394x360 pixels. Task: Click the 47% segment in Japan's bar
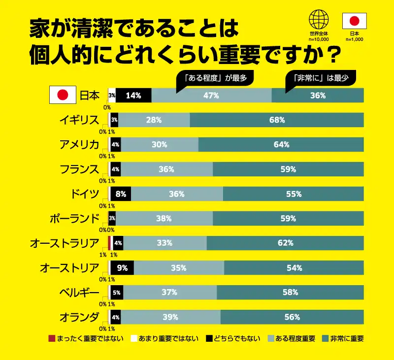point(211,96)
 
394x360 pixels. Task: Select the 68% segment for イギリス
point(277,120)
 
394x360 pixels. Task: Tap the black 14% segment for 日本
point(133,96)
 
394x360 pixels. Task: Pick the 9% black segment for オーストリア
point(122,268)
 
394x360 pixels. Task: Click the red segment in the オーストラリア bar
point(109,243)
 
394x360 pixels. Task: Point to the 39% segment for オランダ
point(170,317)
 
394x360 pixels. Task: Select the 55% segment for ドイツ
point(294,194)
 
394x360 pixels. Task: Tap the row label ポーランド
point(75,218)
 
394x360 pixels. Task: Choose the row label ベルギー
point(79,293)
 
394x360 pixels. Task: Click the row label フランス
point(79,169)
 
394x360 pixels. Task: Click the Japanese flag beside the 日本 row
point(63,96)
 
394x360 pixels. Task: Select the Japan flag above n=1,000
point(354,21)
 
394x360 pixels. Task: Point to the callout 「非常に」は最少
point(321,77)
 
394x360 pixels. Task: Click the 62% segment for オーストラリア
point(285,243)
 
